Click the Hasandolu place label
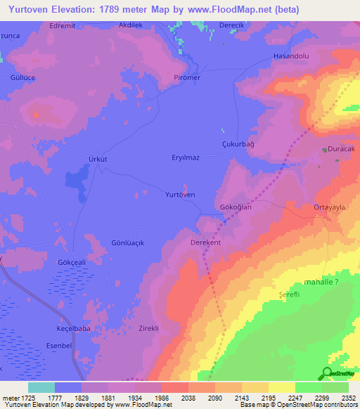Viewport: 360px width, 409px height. pos(291,56)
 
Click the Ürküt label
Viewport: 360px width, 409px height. pos(97,160)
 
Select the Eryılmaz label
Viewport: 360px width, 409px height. pos(186,158)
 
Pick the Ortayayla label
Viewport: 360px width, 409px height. pos(331,207)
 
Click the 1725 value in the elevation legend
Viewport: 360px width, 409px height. pos(28,398)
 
